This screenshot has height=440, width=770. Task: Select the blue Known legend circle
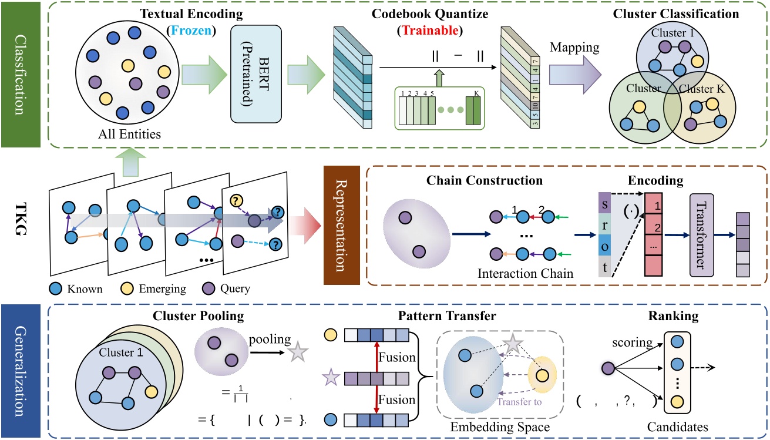(56, 288)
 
